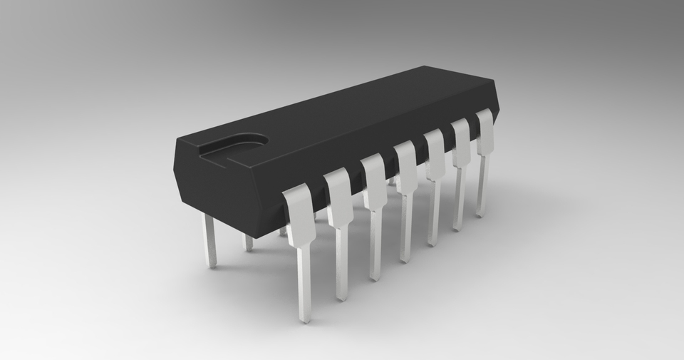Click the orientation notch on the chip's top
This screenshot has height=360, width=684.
pos(235,146)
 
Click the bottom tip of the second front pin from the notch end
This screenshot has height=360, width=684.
pos(342,296)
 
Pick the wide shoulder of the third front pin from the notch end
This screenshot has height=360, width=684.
pos(374,182)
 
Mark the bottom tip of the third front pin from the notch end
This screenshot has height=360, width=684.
pos(375,276)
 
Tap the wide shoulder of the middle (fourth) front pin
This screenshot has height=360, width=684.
pos(405,168)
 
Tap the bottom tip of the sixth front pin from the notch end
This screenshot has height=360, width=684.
pos(457,227)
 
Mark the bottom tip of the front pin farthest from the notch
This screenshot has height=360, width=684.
pos(481,213)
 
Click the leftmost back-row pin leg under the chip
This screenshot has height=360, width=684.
pos(209,242)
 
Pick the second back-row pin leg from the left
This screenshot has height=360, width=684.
pos(248,242)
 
